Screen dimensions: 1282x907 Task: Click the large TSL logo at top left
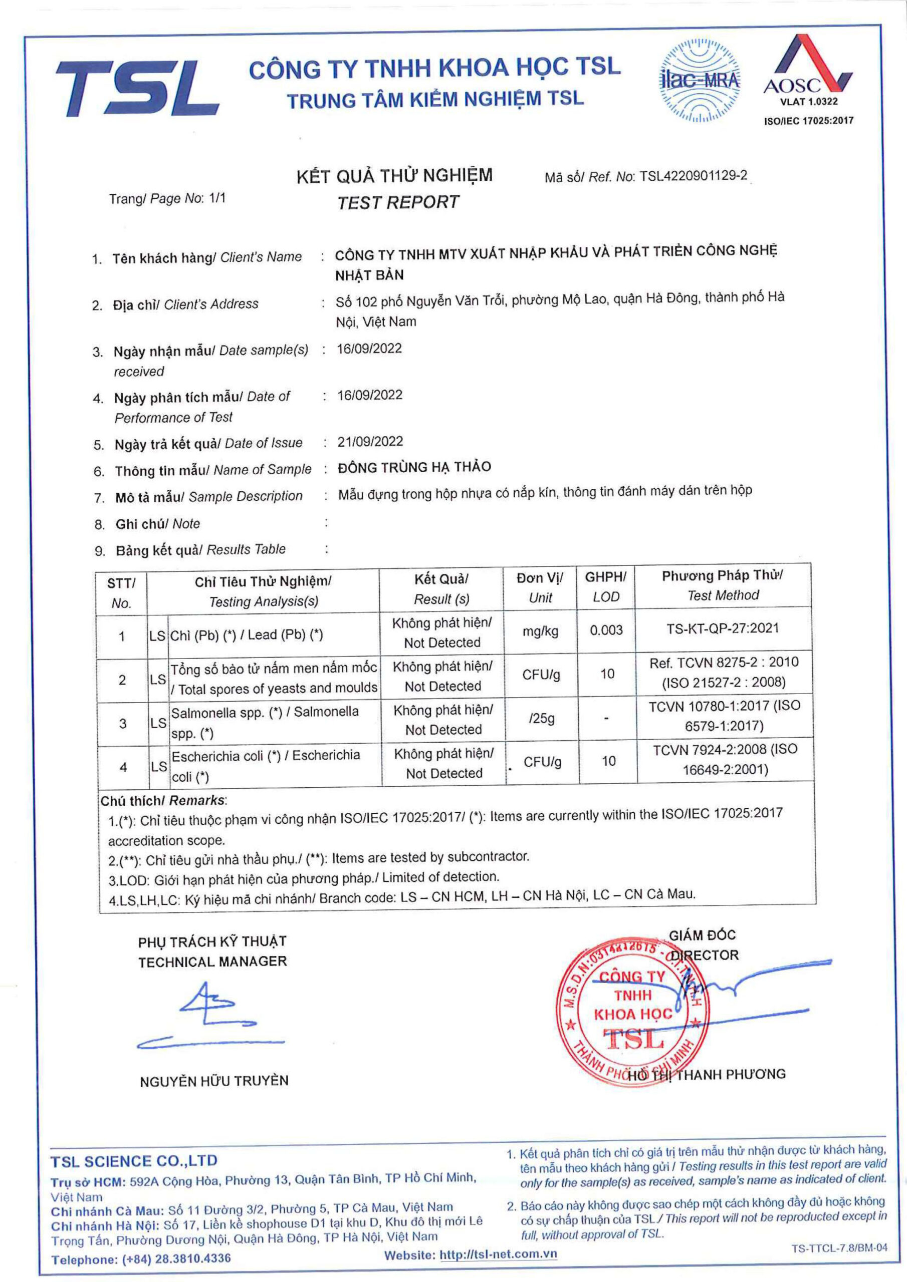(x=137, y=88)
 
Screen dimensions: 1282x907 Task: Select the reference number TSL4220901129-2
(x=693, y=176)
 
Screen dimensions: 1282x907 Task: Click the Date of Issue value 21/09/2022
(x=370, y=442)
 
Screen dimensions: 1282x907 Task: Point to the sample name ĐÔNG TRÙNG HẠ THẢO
(x=414, y=467)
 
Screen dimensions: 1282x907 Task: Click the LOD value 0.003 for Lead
(x=606, y=630)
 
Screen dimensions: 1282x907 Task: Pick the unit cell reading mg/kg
(x=540, y=631)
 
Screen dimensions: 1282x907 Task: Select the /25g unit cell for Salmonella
(x=542, y=719)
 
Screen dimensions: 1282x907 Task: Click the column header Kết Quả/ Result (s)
(x=441, y=588)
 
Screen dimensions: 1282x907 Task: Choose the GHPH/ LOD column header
(x=606, y=587)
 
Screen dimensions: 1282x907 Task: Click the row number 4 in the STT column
(x=123, y=767)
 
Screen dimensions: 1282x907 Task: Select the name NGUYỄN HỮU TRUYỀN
(x=214, y=1081)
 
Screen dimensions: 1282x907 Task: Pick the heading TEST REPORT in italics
(x=397, y=202)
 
